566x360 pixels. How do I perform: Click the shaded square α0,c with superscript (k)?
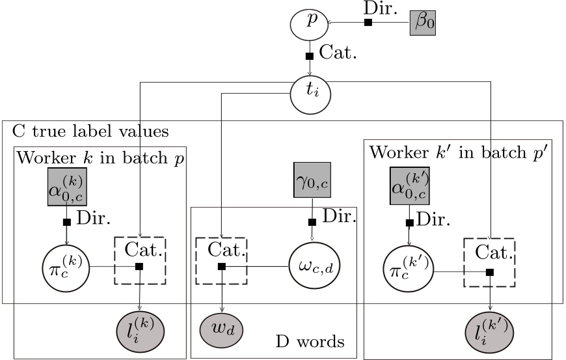tap(66, 188)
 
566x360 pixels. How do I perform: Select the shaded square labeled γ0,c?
tap(312, 180)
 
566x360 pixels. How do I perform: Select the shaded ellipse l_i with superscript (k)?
tap(140, 330)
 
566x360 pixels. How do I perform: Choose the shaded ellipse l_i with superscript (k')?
tap(491, 330)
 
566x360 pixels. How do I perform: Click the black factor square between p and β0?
tap(368, 23)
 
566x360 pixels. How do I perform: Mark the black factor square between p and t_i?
tap(310, 56)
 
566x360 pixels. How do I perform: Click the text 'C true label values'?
tap(90, 132)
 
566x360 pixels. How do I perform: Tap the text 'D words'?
tap(310, 342)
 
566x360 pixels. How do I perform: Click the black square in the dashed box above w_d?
tap(222, 266)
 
